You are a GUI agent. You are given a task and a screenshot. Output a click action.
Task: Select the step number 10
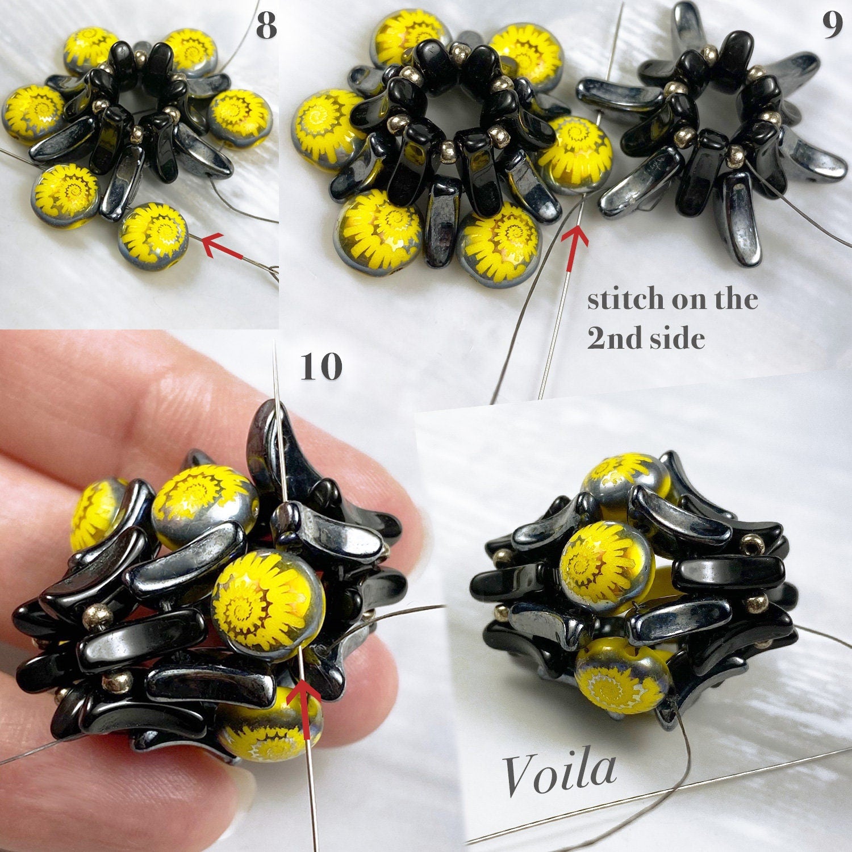click(321, 366)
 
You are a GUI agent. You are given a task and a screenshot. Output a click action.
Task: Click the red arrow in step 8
click(223, 248)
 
